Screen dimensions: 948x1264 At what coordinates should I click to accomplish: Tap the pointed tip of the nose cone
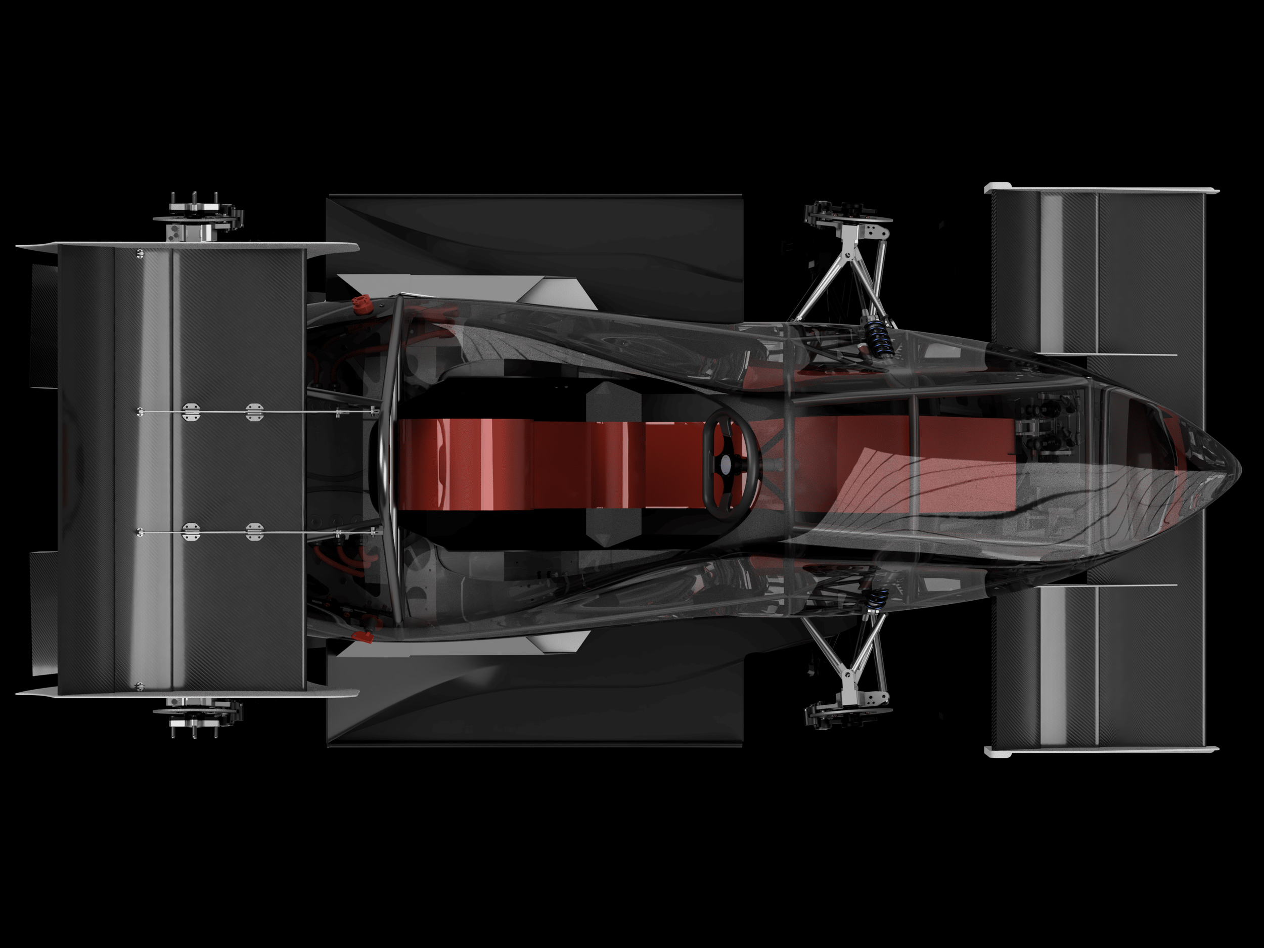(x=1238, y=464)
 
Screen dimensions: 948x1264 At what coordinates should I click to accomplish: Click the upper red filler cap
(x=360, y=303)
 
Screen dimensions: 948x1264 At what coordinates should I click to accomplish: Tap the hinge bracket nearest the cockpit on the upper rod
(x=254, y=412)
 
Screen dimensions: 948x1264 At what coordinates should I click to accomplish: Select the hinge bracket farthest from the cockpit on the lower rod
(x=191, y=532)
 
